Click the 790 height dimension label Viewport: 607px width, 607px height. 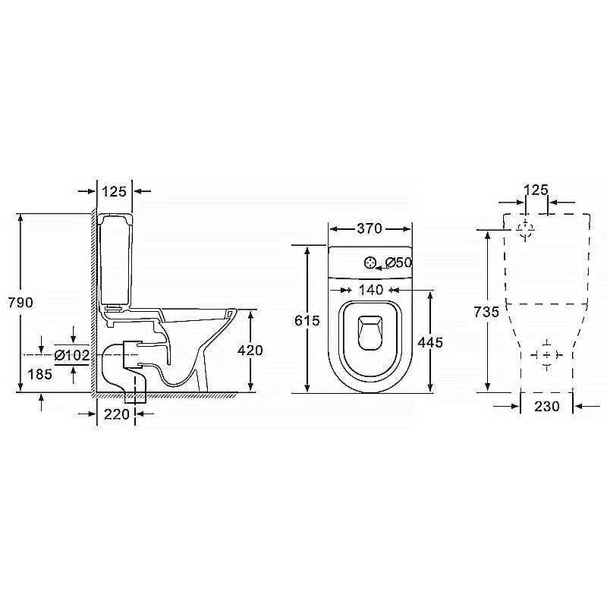pos(20,302)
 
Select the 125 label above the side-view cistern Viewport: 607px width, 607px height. pos(115,191)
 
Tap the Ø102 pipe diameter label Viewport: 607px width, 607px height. pos(72,355)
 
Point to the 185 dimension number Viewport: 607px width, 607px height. pos(40,374)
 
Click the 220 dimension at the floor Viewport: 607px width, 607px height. pos(117,414)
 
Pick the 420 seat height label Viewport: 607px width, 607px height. pos(250,350)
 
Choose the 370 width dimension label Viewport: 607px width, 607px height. pos(370,228)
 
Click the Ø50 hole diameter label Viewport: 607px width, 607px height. pos(399,263)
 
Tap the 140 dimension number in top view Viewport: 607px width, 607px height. pos(371,290)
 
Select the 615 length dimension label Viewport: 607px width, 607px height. pos(307,320)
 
